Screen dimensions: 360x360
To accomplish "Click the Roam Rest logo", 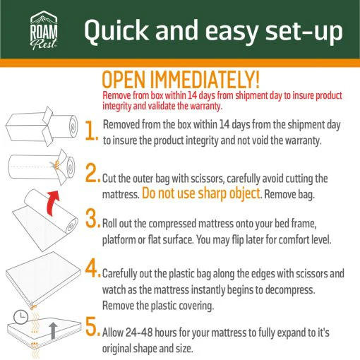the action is (44, 30).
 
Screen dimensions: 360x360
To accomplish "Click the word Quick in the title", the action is (116, 30).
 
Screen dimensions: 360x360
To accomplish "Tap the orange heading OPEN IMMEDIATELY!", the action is (181, 80).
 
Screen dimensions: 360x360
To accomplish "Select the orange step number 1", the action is (91, 131).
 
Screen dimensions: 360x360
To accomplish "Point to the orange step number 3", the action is (92, 218).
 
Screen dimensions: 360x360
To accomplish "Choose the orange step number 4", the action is (92, 268).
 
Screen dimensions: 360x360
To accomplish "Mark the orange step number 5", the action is (92, 326).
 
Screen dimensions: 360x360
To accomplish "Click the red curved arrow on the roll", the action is (53, 203).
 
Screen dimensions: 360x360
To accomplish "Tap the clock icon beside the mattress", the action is (20, 317).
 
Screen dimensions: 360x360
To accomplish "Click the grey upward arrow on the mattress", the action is (53, 330).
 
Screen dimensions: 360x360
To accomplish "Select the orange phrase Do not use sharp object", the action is (201, 193).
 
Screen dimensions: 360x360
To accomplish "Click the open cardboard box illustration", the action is (30, 126).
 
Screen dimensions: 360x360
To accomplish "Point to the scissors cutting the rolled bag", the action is (56, 164).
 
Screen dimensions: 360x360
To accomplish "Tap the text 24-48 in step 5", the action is (139, 332).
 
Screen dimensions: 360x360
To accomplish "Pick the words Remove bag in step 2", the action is (289, 195).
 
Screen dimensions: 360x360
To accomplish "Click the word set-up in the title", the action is (304, 32).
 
